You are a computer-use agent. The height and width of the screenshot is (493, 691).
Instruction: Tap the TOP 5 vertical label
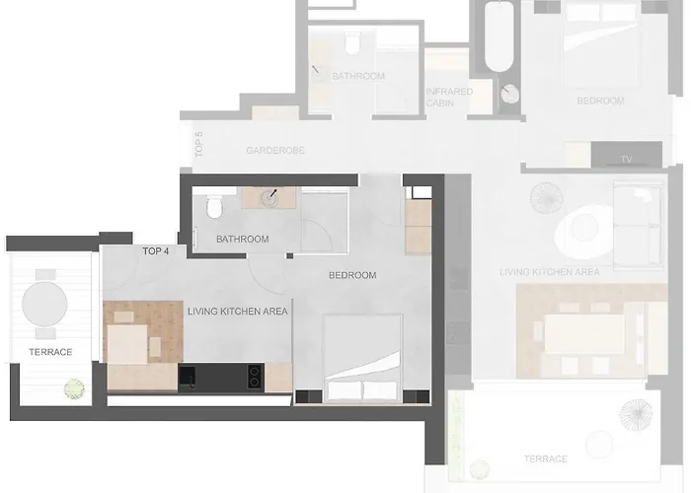click(x=198, y=146)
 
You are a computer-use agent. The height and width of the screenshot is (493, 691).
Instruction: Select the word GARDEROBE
click(x=274, y=151)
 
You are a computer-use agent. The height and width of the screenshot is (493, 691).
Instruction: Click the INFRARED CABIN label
click(x=449, y=96)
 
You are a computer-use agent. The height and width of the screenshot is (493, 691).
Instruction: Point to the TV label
click(x=626, y=159)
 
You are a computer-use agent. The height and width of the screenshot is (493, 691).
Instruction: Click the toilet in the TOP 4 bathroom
click(x=212, y=209)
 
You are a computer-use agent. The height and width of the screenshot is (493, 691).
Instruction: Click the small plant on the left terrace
click(x=73, y=389)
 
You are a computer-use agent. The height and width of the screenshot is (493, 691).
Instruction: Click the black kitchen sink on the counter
click(x=189, y=376)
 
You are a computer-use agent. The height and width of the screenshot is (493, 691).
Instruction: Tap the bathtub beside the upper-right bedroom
click(x=497, y=39)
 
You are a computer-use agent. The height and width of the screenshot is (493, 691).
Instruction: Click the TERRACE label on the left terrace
click(x=50, y=353)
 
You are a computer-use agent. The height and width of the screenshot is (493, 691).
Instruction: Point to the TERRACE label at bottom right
click(x=546, y=459)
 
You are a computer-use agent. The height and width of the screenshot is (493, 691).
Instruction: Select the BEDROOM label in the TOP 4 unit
click(x=352, y=275)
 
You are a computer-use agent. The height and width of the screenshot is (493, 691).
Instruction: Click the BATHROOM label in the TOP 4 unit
click(x=242, y=240)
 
